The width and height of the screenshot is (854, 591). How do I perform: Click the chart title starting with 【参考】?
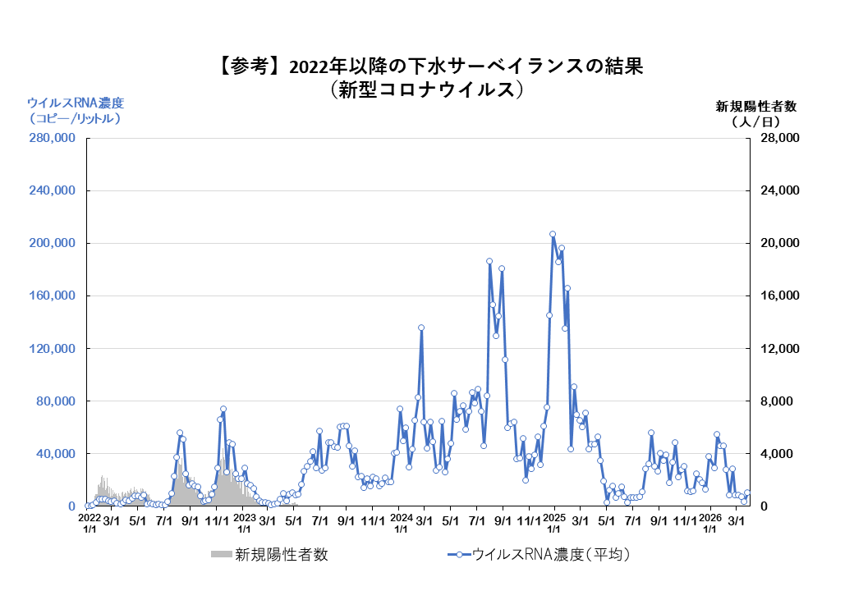click(427, 66)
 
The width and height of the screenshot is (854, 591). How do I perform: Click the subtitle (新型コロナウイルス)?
click(427, 89)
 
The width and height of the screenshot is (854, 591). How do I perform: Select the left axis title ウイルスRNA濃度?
click(76, 103)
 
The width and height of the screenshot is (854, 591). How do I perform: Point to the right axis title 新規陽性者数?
click(756, 106)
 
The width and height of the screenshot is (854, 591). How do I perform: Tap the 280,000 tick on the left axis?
click(51, 139)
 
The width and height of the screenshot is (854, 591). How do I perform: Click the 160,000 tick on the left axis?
click(51, 296)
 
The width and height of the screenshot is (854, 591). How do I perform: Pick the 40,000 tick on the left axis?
click(54, 454)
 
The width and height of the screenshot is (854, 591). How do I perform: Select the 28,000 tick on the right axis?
click(777, 139)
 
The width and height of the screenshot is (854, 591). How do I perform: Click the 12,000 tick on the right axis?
click(777, 349)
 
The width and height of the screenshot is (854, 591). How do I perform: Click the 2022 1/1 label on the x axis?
click(89, 524)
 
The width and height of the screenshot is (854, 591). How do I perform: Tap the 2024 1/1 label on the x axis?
click(401, 524)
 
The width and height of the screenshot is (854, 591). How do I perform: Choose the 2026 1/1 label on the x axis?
click(710, 524)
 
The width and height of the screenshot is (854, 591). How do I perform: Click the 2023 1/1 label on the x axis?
click(244, 524)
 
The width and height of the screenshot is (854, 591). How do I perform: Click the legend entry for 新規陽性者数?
click(281, 555)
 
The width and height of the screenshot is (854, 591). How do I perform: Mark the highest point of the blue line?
click(552, 234)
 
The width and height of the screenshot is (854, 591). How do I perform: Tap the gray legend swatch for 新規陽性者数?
click(221, 555)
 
